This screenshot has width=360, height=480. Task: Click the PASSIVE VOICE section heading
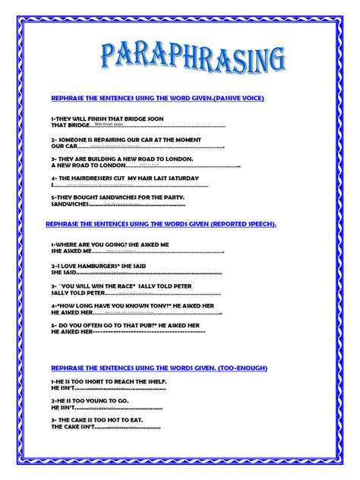[x=156, y=99]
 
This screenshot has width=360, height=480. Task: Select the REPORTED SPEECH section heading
[x=160, y=225]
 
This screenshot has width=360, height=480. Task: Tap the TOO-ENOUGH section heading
[x=159, y=368]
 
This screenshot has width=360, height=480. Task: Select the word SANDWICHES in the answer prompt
[x=70, y=204]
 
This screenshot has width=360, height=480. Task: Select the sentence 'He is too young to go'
[x=90, y=400]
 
